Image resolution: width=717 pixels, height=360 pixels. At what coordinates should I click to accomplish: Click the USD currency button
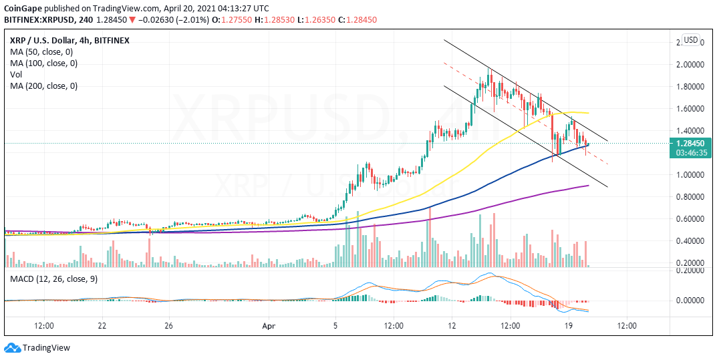coord(691,40)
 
